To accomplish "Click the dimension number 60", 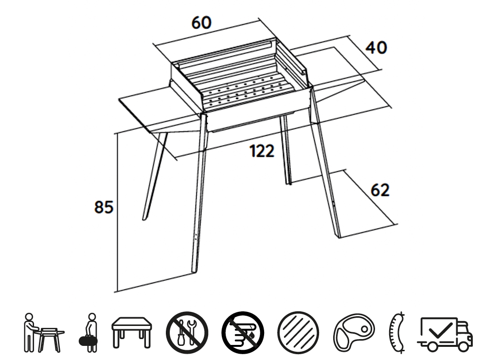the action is coord(201,23).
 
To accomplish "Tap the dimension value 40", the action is coord(376,48).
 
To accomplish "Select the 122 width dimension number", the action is coord(262,151).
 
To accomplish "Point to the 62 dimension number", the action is coord(380,190).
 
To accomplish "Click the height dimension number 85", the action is coord(104,207).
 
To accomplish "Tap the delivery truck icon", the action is coord(445,334).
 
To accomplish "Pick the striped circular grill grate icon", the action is coord(298,332).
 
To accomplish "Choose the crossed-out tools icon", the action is coord(187,333).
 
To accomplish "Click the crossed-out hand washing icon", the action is coord(243,333).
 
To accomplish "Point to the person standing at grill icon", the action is coord(44,333).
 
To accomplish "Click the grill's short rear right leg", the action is coord(286,150).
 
